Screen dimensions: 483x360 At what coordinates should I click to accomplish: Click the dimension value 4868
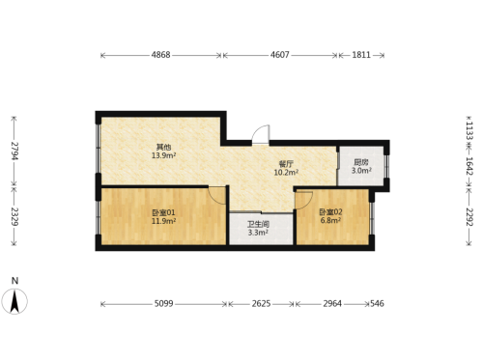point(160,55)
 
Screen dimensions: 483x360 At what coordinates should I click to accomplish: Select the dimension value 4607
point(279,55)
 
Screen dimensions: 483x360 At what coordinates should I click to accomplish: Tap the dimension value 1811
point(361,55)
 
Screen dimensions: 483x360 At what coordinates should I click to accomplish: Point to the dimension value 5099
point(163,303)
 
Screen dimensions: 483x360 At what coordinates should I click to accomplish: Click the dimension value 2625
point(261,303)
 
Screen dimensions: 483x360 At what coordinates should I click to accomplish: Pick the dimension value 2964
point(332,303)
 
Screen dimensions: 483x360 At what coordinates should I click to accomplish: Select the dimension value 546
point(377,303)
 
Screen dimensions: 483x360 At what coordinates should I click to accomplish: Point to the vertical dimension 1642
point(469,166)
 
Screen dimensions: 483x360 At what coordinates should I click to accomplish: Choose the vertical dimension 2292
point(469,217)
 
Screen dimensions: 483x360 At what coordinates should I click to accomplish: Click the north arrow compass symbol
point(14,301)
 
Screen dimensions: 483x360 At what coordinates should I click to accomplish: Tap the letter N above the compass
point(14,281)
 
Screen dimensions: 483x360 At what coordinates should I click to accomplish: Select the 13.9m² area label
point(163,155)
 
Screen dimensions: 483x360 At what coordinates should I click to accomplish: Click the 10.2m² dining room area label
point(286,173)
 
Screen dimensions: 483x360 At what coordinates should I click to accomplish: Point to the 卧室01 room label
point(163,212)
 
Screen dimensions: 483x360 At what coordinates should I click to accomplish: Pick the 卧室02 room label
point(330,212)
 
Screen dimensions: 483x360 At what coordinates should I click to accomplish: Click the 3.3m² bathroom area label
point(258,233)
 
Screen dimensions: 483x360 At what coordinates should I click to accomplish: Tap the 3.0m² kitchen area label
point(361,171)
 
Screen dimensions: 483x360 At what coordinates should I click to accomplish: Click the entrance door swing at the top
point(260,134)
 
